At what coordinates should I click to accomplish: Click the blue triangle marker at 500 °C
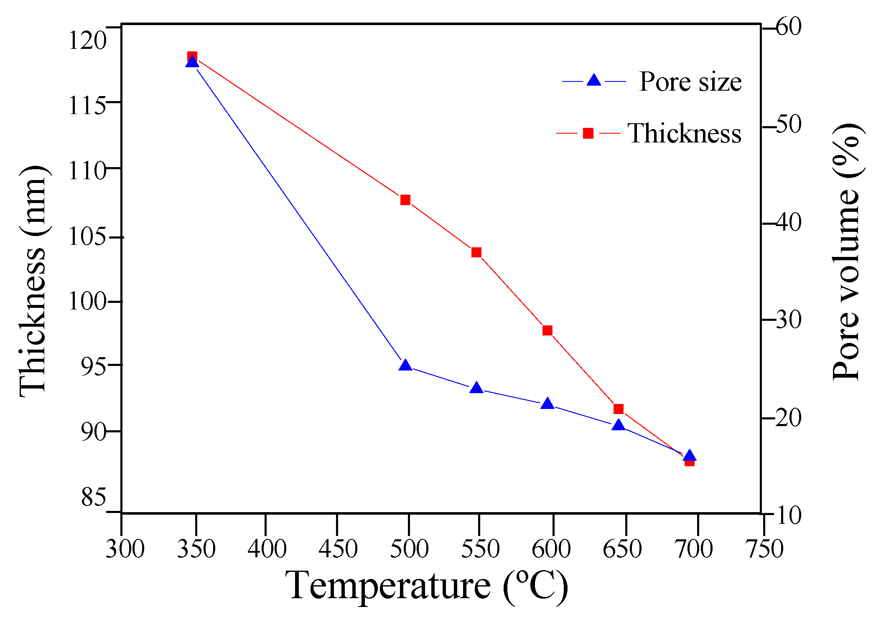coord(405,366)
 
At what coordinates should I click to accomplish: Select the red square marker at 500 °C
coord(405,200)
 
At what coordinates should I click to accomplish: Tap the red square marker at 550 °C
coord(476,252)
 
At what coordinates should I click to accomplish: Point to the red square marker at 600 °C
coord(547,330)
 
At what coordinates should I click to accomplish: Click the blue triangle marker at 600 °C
coord(547,404)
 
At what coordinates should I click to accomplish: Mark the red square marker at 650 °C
coord(619,409)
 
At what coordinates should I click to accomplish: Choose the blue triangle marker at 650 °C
coord(619,426)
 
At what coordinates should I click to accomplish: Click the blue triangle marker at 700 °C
coord(690,456)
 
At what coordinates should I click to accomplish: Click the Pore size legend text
coord(690,81)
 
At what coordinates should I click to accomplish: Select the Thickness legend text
coord(684,134)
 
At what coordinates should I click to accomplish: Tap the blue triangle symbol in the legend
coord(593,80)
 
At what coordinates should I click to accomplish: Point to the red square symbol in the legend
coord(588,133)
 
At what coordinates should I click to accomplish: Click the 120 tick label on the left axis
coord(87,41)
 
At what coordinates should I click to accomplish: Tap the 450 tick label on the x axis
coord(338,549)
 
